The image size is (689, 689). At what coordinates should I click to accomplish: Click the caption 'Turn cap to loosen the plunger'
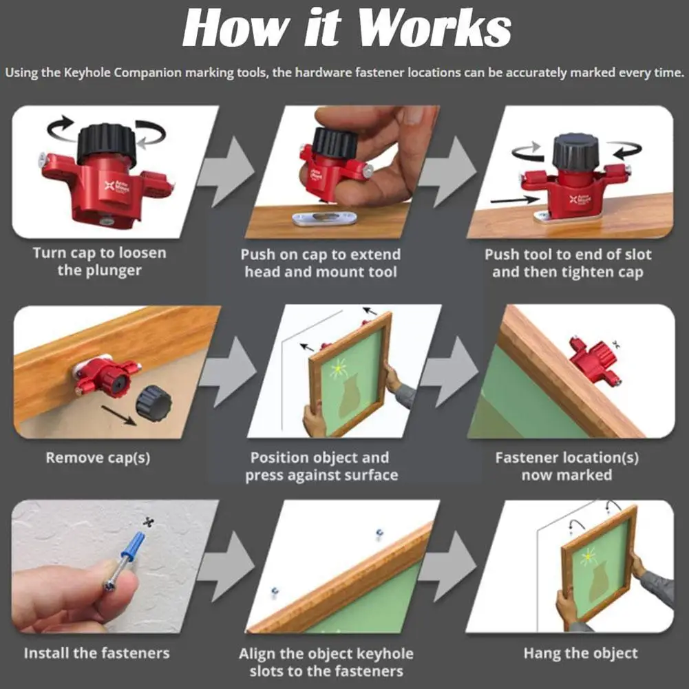pos(99,262)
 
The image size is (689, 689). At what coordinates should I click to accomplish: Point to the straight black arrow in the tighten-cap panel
pos(516,200)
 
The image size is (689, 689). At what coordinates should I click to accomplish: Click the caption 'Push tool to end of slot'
pos(568,255)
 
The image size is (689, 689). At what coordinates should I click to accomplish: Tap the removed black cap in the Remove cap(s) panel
pos(153,403)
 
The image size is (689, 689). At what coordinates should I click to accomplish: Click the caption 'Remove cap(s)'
pos(98,457)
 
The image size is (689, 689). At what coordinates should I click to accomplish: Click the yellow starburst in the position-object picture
pos(339,370)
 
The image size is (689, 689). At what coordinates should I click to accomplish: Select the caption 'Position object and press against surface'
pos(321,466)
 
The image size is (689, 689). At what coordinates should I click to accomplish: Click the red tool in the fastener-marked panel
pos(594,359)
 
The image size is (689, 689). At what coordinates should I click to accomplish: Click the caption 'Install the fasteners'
pos(96,653)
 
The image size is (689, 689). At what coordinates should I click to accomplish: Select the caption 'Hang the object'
pos(580,653)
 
